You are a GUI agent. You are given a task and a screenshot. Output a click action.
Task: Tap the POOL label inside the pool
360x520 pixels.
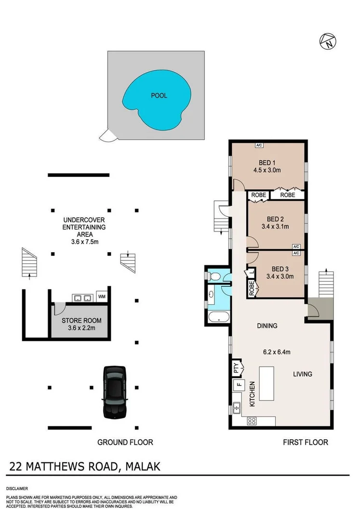(159, 95)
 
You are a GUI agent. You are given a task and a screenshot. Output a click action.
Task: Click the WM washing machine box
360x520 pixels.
(102, 297)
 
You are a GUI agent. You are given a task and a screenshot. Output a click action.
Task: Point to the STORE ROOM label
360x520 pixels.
(81, 320)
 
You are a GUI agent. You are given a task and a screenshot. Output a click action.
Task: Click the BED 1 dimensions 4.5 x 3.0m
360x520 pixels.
(267, 170)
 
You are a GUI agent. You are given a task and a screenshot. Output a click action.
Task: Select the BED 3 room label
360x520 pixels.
(280, 269)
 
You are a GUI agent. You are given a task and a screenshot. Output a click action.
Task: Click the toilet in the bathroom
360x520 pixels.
(215, 276)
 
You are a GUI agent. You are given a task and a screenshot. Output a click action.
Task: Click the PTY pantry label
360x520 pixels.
(236, 368)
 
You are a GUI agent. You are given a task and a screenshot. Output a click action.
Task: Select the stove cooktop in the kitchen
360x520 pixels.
(252, 420)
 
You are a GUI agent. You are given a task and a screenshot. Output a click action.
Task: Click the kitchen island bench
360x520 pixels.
(266, 383)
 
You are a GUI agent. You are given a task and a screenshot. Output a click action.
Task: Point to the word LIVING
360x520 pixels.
(302, 374)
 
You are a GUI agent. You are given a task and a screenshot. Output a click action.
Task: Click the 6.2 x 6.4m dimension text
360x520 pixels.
(277, 352)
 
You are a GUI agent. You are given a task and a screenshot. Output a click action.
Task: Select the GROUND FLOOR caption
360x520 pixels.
(125, 442)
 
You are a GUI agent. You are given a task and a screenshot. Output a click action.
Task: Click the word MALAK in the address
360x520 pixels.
(143, 466)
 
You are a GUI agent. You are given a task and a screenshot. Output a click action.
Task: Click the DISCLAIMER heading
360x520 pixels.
(17, 488)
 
